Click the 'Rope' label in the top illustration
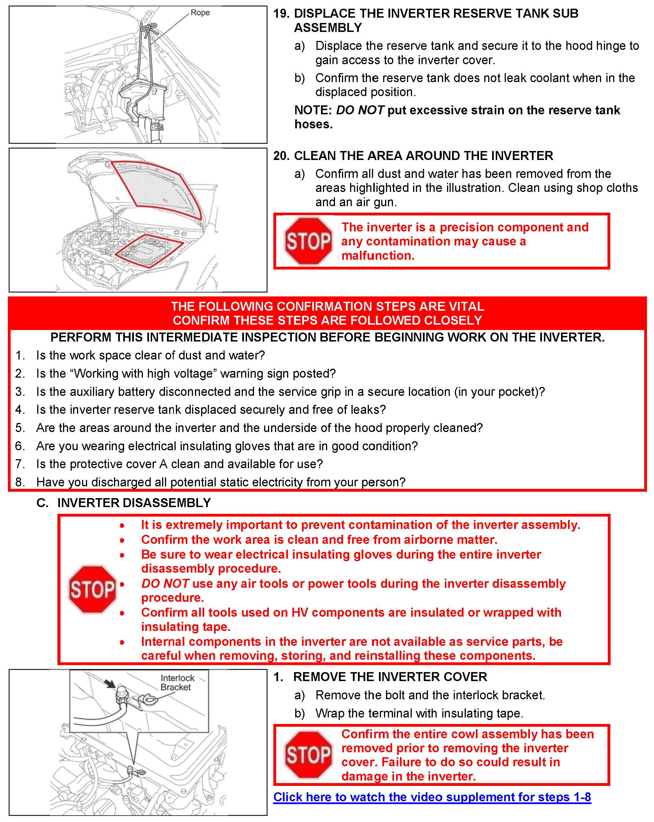click(200, 13)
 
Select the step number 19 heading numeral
click(281, 13)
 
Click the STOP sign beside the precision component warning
click(308, 241)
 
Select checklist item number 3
click(20, 392)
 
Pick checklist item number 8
click(20, 482)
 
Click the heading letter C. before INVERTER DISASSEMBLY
click(42, 503)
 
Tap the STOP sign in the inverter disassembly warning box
click(92, 589)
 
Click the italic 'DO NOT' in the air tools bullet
click(165, 583)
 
